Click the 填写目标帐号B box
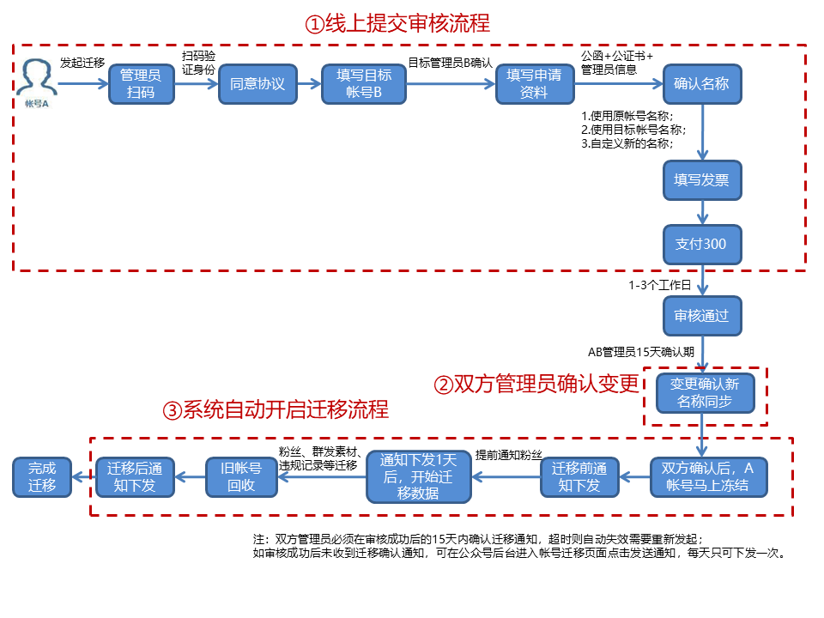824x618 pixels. click(x=363, y=84)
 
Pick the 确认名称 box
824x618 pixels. click(x=701, y=84)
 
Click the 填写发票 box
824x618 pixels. click(x=701, y=180)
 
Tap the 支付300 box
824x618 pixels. click(x=701, y=244)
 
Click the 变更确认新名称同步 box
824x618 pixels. click(x=704, y=394)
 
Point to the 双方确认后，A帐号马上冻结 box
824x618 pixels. click(x=707, y=477)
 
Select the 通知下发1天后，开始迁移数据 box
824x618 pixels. click(x=419, y=477)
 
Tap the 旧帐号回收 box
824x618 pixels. click(x=241, y=477)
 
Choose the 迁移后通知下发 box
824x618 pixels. click(x=134, y=477)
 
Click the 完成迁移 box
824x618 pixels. click(x=41, y=477)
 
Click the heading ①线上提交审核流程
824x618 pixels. click(x=397, y=23)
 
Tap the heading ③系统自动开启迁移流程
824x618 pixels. click(x=276, y=409)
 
